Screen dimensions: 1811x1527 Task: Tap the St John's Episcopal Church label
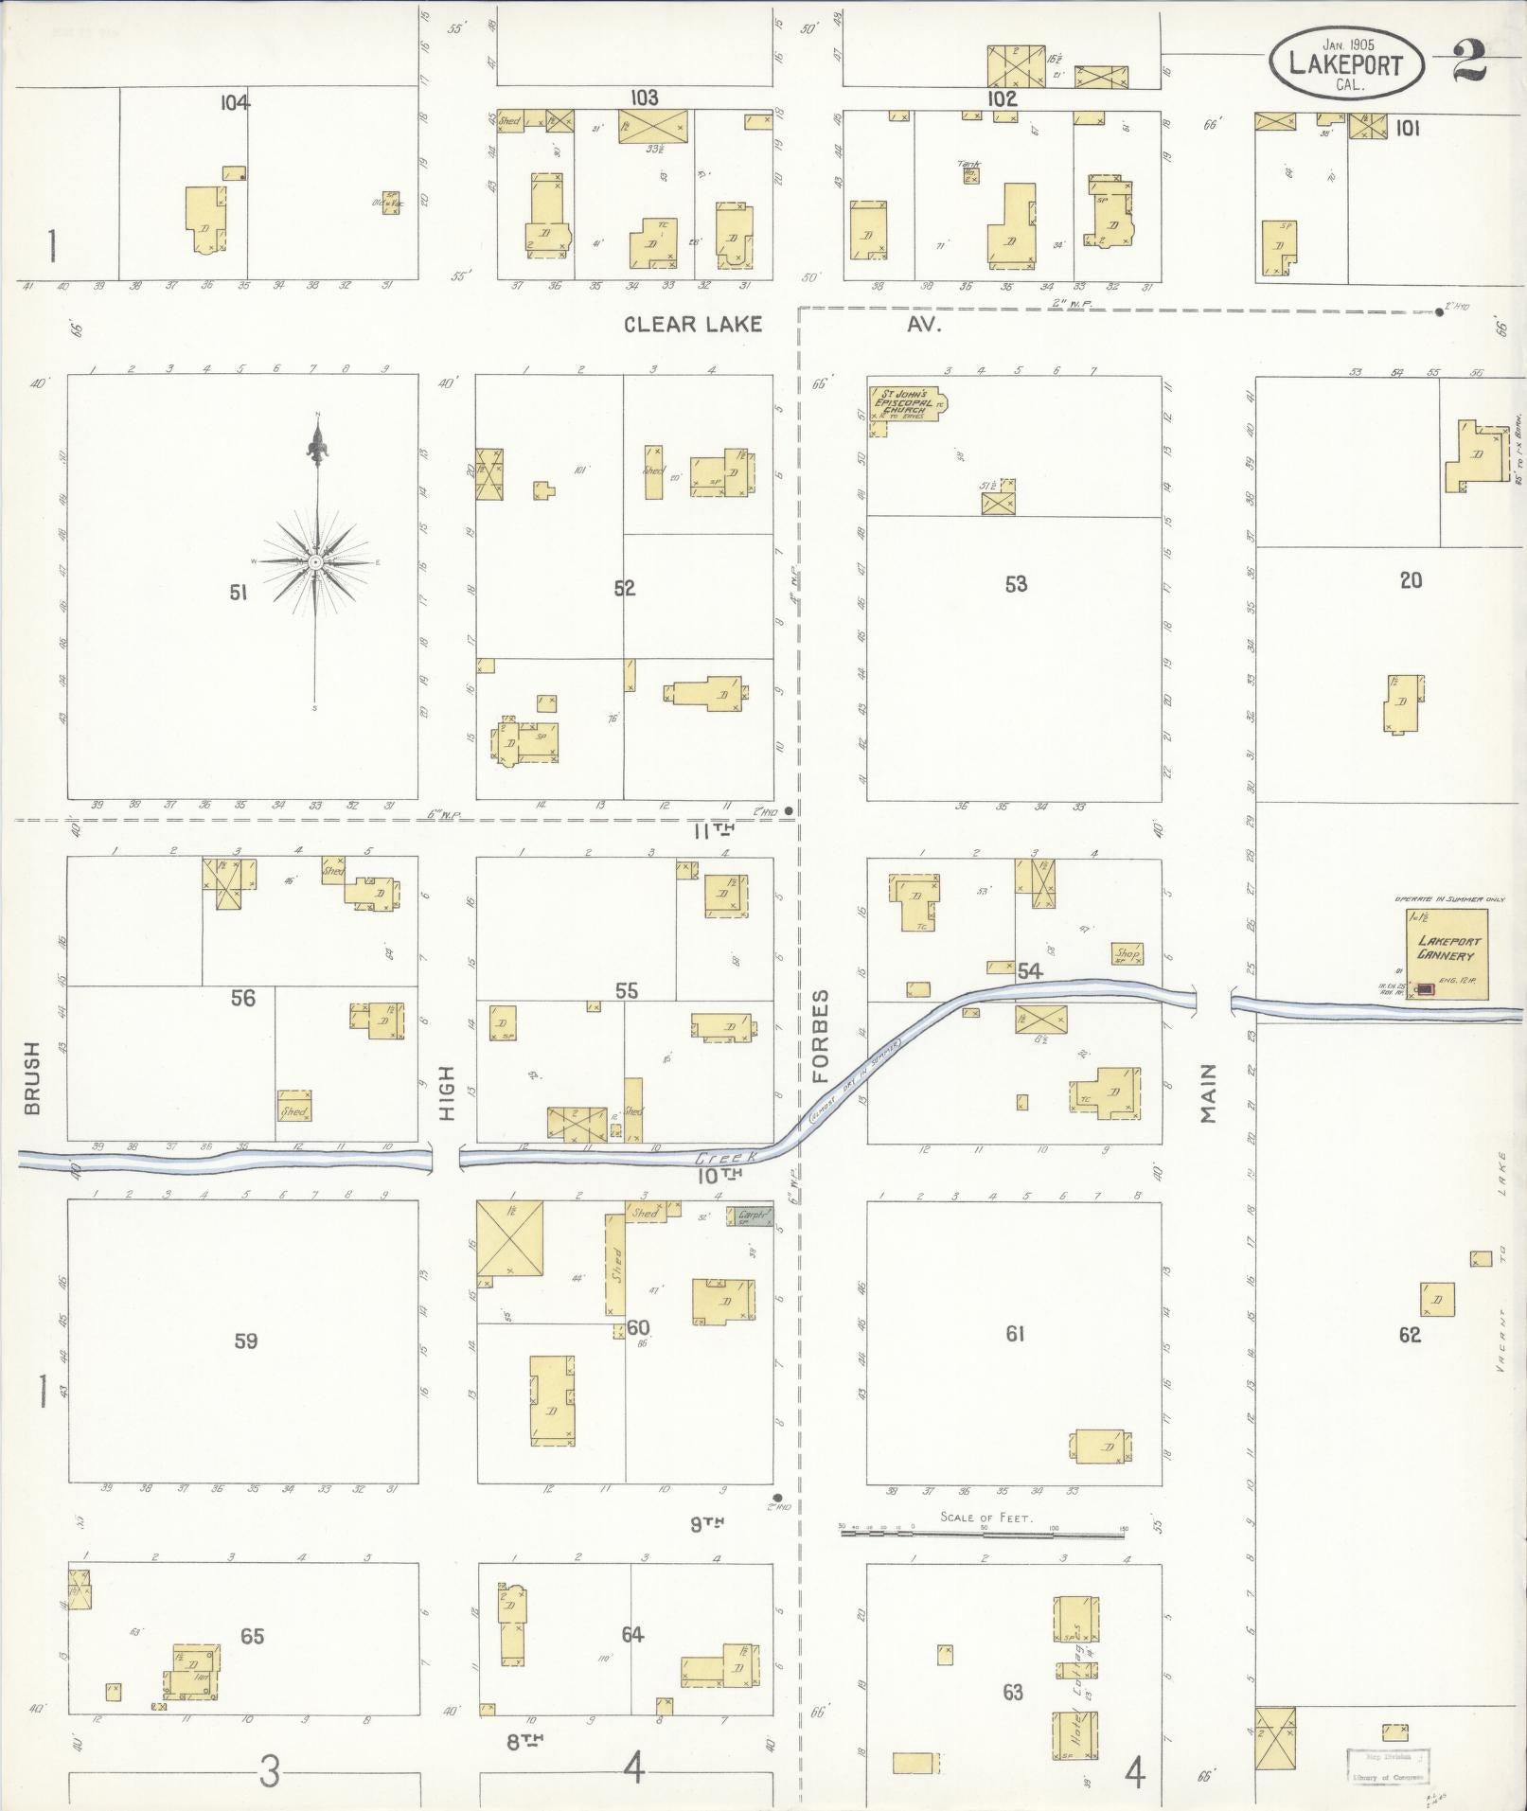pyautogui.click(x=904, y=403)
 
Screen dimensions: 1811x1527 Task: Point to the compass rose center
pyautogui.click(x=316, y=562)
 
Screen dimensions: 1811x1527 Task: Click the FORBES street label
pyautogui.click(x=820, y=1036)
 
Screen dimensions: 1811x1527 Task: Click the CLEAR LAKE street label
pyautogui.click(x=693, y=325)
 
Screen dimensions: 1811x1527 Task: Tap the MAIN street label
pyautogui.click(x=1209, y=1093)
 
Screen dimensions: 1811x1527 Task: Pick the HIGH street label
pyautogui.click(x=447, y=1093)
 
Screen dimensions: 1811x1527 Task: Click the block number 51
pyautogui.click(x=238, y=593)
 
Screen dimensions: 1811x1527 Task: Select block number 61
pyautogui.click(x=1015, y=1334)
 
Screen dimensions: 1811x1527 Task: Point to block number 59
pyautogui.click(x=245, y=1340)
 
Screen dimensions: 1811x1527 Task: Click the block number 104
pyautogui.click(x=235, y=103)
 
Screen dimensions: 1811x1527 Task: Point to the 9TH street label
pyautogui.click(x=706, y=1523)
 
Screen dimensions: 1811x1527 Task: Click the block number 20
pyautogui.click(x=1411, y=580)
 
